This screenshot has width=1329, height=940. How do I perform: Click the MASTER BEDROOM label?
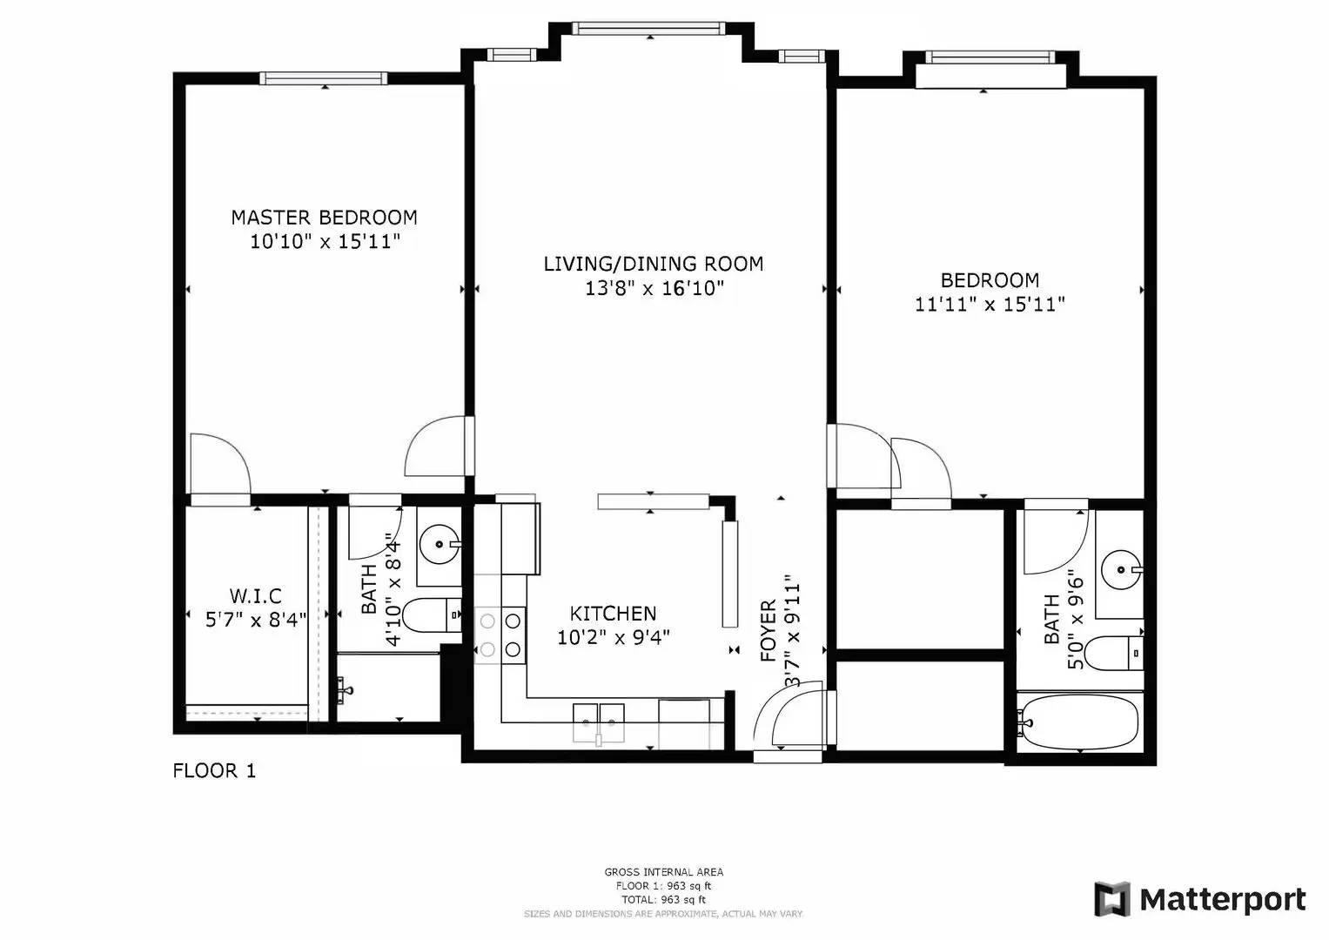click(x=324, y=217)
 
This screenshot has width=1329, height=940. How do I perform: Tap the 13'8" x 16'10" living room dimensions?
click(x=654, y=288)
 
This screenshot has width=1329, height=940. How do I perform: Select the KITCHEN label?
click(x=613, y=614)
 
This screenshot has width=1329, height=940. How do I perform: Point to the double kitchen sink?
click(x=599, y=722)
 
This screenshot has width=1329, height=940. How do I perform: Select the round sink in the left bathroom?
click(x=439, y=546)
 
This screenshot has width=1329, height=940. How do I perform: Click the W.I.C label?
click(x=255, y=596)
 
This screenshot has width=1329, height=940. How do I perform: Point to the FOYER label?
click(x=768, y=631)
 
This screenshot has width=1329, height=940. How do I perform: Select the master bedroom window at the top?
click(x=324, y=78)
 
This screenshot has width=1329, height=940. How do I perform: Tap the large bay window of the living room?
click(x=649, y=29)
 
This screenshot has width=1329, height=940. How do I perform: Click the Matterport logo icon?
click(x=1111, y=899)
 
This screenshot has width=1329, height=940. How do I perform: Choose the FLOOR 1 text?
click(x=214, y=770)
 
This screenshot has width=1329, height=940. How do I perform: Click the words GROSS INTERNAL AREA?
click(x=663, y=871)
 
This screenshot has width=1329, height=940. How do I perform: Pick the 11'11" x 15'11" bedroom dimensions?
click(x=990, y=305)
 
